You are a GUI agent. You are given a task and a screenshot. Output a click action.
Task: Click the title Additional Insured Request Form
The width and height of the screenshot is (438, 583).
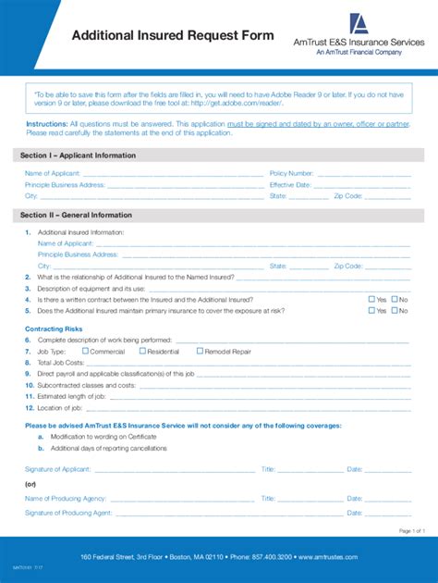click(x=174, y=35)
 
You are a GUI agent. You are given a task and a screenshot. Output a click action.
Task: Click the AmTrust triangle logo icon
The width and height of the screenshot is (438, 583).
click(x=359, y=24)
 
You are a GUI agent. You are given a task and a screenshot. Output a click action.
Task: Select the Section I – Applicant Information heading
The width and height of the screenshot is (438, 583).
click(x=79, y=155)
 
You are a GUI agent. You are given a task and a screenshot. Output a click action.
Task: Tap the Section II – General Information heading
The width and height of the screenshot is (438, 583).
click(x=77, y=215)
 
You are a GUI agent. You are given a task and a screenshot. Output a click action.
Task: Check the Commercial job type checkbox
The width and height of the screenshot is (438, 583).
click(x=86, y=352)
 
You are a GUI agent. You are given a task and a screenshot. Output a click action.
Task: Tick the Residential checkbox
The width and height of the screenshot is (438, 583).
click(x=142, y=352)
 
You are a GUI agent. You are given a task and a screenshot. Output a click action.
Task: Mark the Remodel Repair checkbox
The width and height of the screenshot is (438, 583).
click(x=201, y=352)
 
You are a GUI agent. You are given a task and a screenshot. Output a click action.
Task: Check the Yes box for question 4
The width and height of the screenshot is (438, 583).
click(x=371, y=299)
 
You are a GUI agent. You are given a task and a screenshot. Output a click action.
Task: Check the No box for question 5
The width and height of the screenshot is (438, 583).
click(x=395, y=311)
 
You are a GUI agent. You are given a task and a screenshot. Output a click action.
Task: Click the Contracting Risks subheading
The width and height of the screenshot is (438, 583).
click(x=54, y=329)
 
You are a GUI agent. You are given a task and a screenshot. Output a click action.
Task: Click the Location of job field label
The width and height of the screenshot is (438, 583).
click(x=61, y=407)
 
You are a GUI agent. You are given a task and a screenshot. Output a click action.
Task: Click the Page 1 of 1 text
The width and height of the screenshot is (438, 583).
click(x=411, y=530)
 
